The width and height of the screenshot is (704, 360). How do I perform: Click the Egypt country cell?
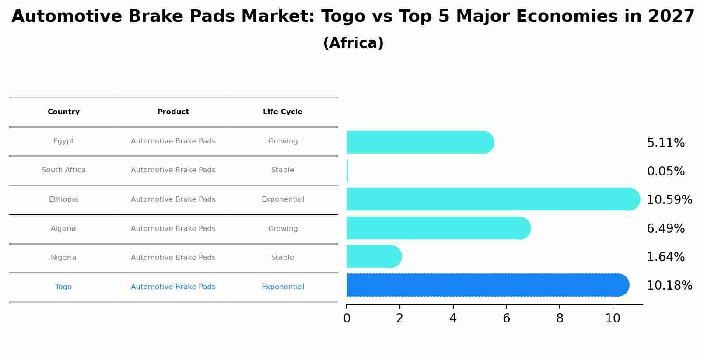[x=63, y=141]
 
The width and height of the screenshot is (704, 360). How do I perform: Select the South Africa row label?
[x=63, y=170]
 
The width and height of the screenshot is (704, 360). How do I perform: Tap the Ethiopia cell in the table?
[x=63, y=199]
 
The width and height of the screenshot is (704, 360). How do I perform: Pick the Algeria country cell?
[x=63, y=229]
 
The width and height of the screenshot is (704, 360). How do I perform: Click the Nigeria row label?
[x=63, y=258]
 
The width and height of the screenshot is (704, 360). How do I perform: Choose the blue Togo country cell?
[x=63, y=287]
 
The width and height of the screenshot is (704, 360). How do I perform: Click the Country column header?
[x=63, y=112]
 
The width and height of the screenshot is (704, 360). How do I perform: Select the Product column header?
[x=173, y=112]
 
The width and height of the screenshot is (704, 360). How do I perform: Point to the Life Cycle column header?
[x=283, y=112]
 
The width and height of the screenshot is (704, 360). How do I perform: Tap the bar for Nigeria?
[x=372, y=256]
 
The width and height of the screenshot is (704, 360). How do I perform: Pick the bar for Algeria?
[x=438, y=228]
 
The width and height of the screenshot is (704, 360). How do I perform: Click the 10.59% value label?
[x=669, y=200]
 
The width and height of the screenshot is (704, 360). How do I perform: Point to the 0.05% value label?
[x=666, y=171]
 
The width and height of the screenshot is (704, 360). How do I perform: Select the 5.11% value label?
[x=666, y=143]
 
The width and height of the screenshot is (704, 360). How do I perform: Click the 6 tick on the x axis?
[x=506, y=318]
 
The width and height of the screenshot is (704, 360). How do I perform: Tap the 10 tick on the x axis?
[x=613, y=318]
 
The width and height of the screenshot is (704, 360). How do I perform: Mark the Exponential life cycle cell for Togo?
[x=283, y=287]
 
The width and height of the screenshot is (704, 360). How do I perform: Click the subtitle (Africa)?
[x=353, y=43]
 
